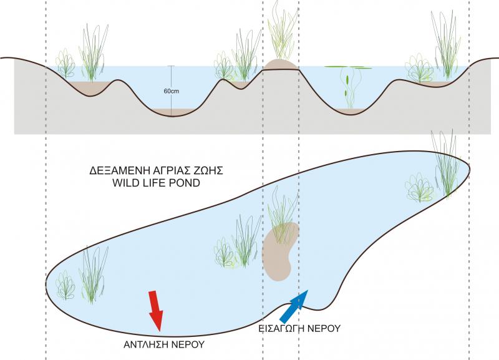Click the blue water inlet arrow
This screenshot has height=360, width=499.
point(294,305)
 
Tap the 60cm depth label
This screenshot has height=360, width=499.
point(172,91)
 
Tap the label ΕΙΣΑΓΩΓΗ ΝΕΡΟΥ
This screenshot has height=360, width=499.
point(299,328)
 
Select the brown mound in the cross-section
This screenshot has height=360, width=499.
point(281,64)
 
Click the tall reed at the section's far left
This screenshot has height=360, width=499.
point(92,53)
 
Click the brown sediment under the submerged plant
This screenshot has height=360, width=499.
point(353,110)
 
